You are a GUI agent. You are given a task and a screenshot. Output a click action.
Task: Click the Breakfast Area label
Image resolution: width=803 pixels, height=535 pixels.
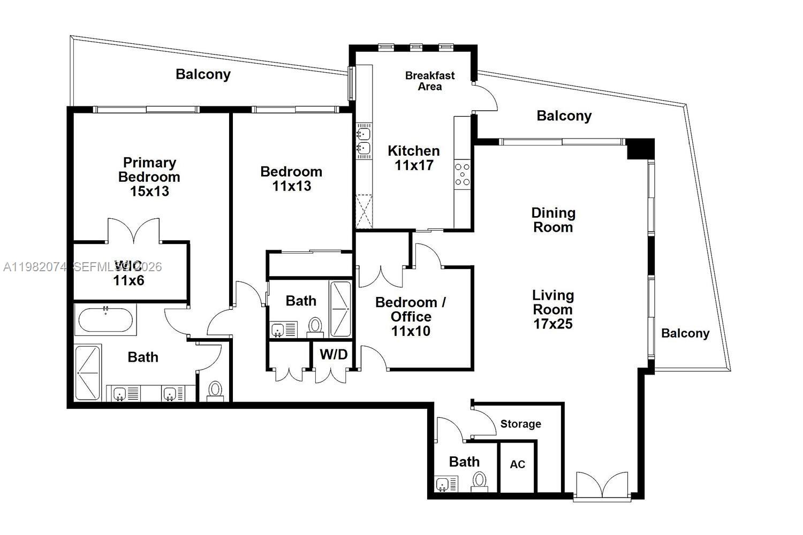(429, 81)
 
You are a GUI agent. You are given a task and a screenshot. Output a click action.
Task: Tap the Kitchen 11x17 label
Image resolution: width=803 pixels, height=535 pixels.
(414, 158)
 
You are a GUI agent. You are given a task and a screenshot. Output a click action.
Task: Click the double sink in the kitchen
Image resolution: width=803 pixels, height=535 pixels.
(363, 140)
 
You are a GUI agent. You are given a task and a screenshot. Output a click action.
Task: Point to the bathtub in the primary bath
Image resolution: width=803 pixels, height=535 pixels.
(105, 320)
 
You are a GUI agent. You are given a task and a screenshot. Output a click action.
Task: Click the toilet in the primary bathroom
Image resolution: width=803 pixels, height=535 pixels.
(215, 390)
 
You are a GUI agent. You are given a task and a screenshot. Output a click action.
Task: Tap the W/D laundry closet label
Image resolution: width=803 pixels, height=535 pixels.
(334, 354)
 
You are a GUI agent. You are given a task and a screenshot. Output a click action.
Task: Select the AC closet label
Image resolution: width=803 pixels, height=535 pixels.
(517, 464)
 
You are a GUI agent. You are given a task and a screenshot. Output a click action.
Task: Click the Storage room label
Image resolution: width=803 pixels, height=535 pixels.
(520, 424)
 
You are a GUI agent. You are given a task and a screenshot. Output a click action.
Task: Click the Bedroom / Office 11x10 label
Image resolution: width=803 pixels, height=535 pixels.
(411, 316)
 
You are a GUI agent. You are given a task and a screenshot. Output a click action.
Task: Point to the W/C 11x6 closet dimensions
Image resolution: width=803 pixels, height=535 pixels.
(128, 280)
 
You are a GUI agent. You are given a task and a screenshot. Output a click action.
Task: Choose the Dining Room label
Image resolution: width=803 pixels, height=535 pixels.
(553, 220)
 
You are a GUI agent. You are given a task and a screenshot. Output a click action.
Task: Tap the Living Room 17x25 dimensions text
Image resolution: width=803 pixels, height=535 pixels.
(553, 324)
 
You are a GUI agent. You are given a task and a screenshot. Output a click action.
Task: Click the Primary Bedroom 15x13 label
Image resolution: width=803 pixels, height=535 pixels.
(149, 177)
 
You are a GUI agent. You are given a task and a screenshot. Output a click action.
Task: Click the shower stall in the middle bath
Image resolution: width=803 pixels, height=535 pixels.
(340, 309)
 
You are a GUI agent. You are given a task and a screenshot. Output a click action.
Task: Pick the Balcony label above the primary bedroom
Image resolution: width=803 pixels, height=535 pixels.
(203, 74)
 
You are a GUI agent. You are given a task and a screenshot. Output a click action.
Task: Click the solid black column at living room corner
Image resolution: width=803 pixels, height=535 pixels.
(641, 148)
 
